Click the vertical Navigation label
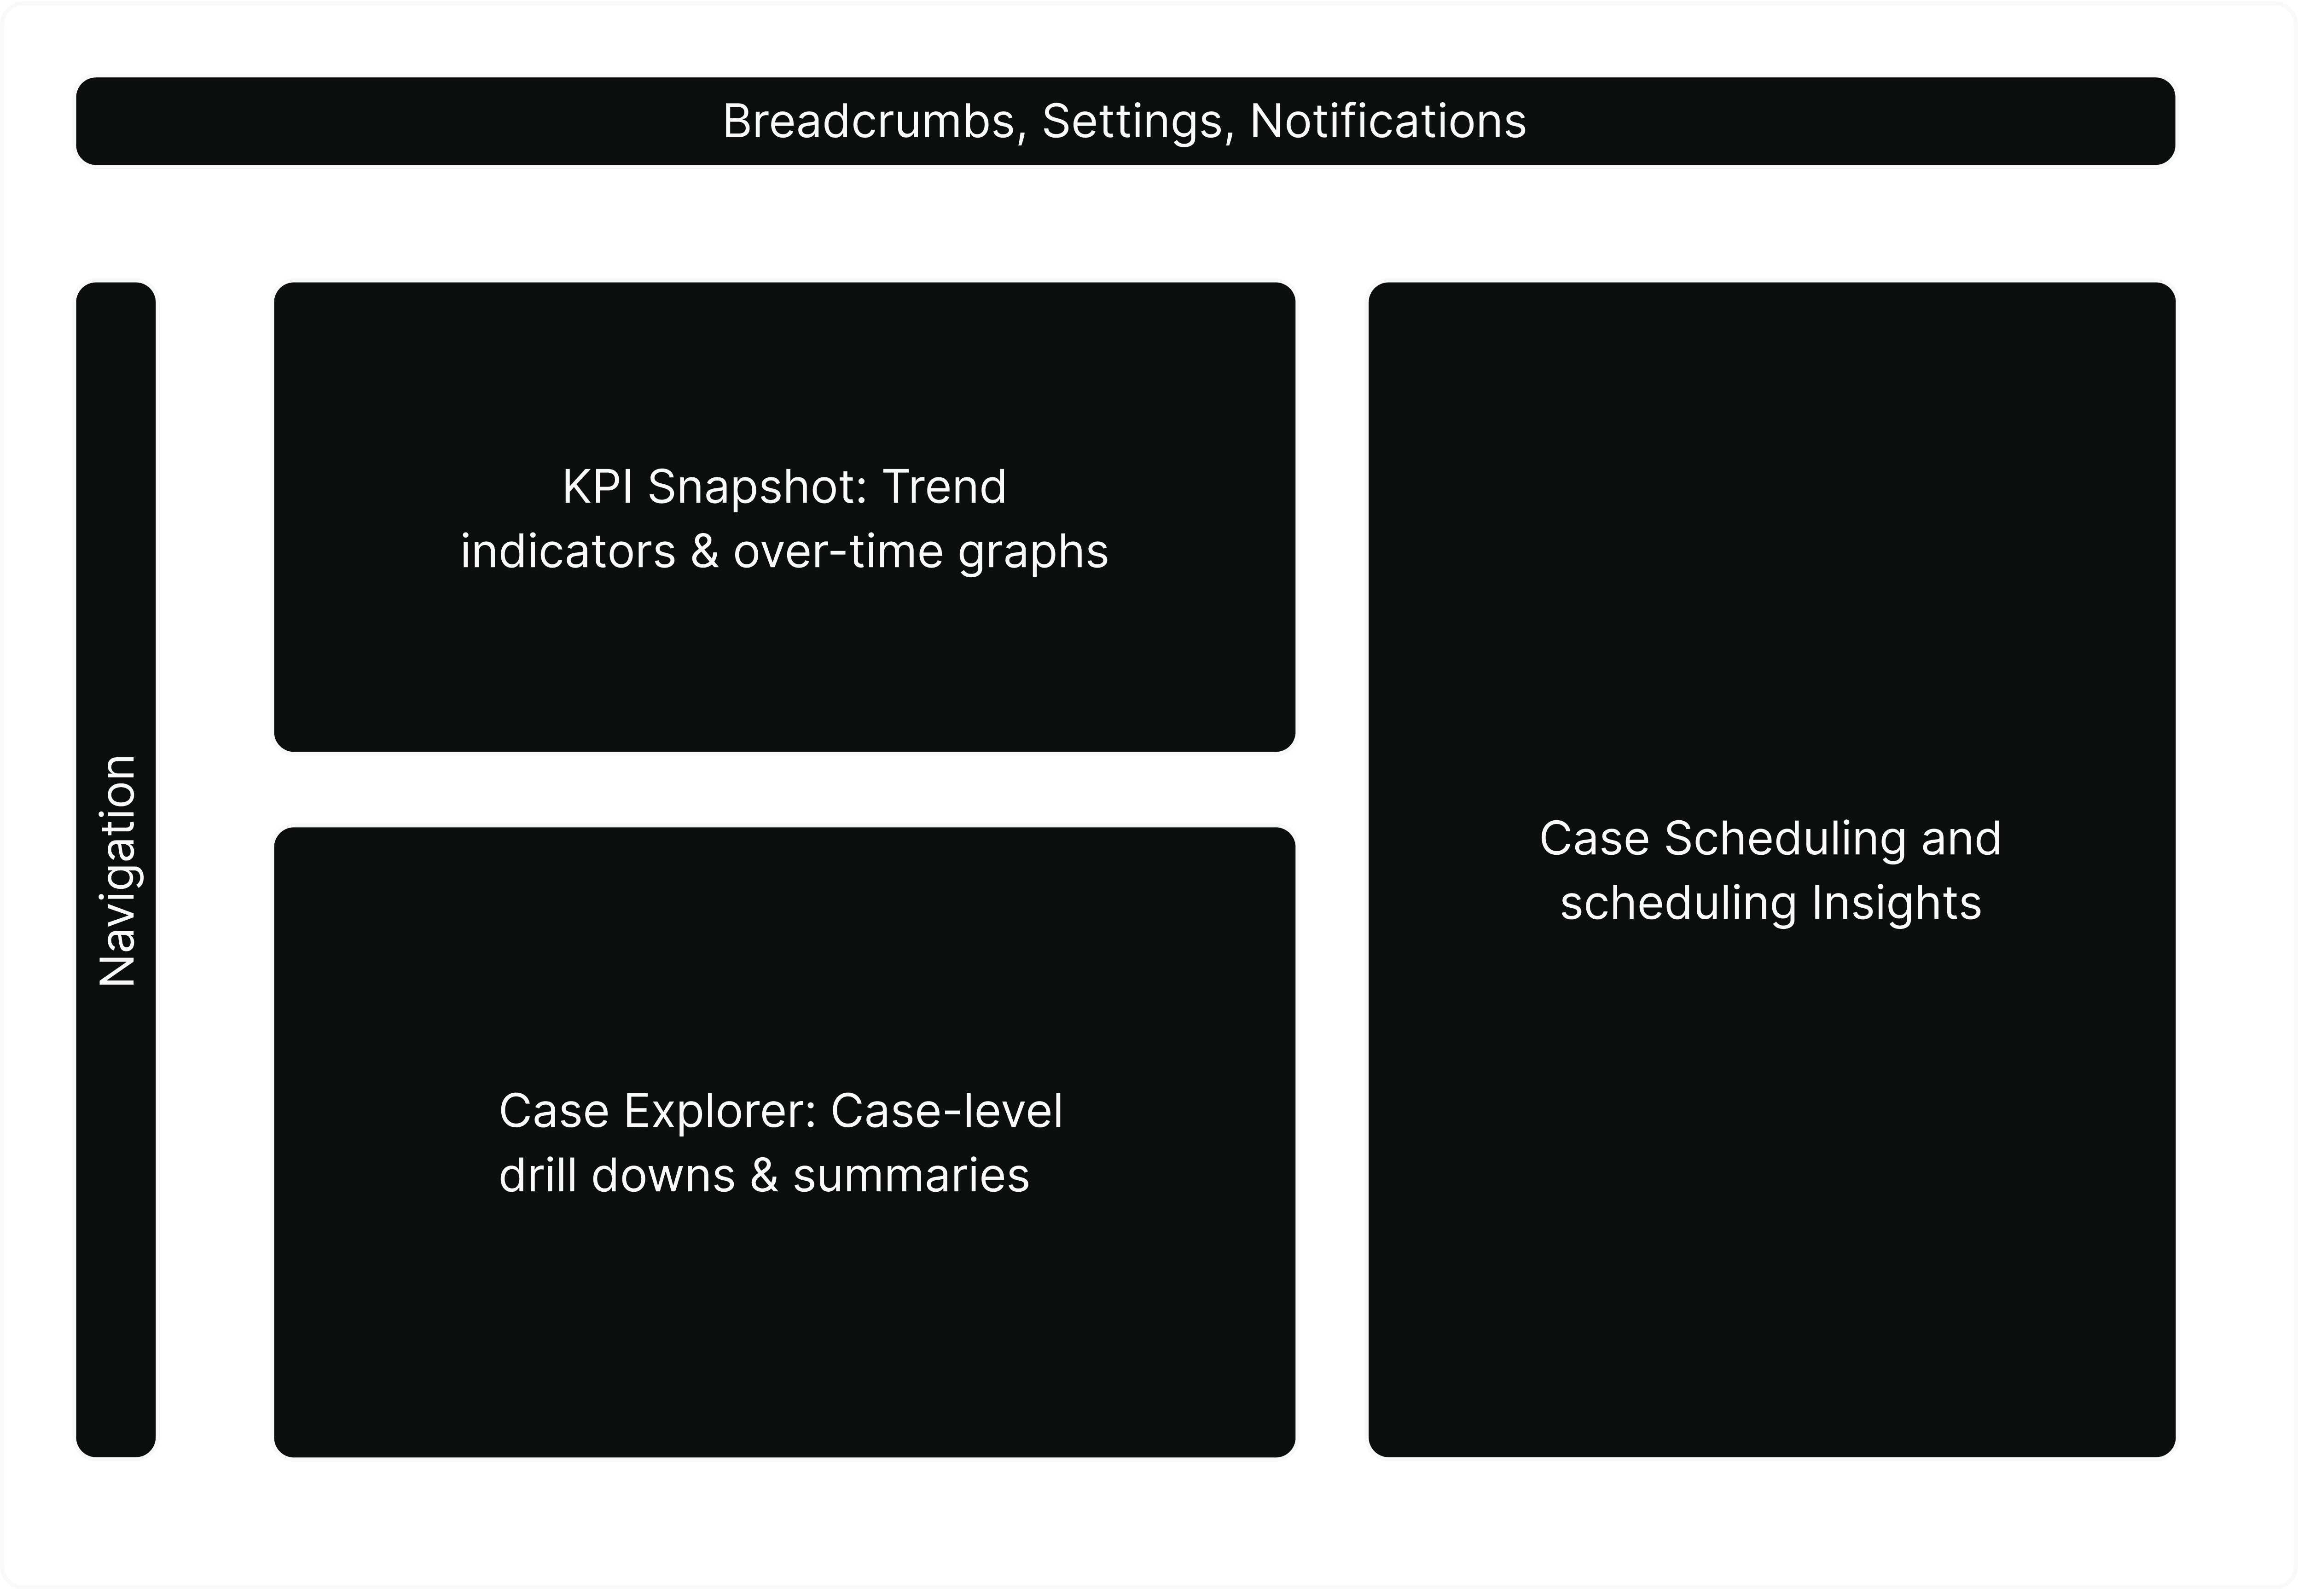tap(117, 871)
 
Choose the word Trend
tap(944, 487)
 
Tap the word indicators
tap(568, 551)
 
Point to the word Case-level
tap(946, 1111)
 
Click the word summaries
tap(910, 1176)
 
